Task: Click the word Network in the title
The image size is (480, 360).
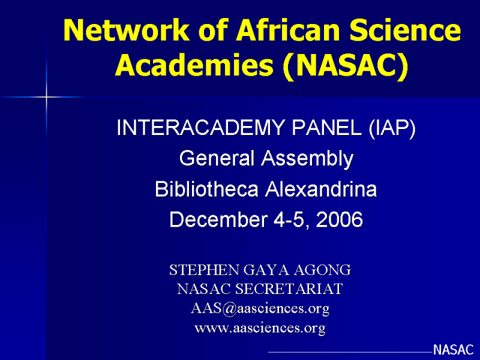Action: (127, 30)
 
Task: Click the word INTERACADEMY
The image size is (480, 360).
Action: (200, 128)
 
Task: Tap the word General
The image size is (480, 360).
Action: (217, 158)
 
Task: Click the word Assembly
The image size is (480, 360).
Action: (307, 160)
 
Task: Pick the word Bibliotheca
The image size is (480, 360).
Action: (206, 189)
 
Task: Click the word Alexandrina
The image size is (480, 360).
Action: (321, 189)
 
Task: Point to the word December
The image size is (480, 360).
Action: (218, 220)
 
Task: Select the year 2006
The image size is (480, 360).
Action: (339, 220)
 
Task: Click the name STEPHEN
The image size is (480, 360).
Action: (204, 270)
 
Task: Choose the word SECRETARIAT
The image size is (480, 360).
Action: (289, 289)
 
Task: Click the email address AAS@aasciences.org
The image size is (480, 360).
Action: (260, 308)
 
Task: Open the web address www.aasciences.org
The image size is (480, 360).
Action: (260, 328)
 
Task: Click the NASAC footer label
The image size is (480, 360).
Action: (454, 350)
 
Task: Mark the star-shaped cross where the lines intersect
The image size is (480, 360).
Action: (46, 97)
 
